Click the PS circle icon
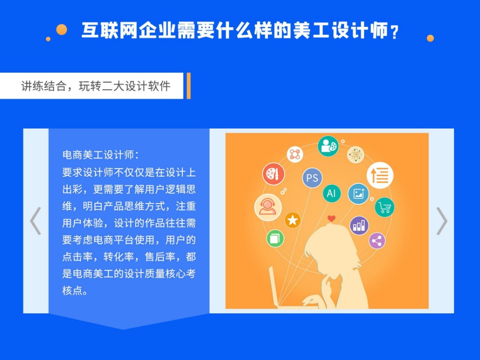[x=312, y=178]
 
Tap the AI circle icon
[x=331, y=193]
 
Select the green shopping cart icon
[x=385, y=208]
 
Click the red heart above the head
[x=331, y=219]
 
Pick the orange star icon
[x=293, y=220]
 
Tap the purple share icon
[x=377, y=241]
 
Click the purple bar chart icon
[x=359, y=226]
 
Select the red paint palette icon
[x=274, y=174]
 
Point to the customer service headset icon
[x=268, y=207]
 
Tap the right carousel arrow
[x=442, y=221]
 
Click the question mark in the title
[x=395, y=32]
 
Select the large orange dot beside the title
[x=61, y=30]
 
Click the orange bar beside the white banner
[x=189, y=86]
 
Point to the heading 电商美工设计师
[x=98, y=155]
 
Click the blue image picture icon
[x=359, y=194]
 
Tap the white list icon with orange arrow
[x=380, y=175]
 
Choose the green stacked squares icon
[x=275, y=239]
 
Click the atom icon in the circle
[x=356, y=154]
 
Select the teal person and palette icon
[x=328, y=146]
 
